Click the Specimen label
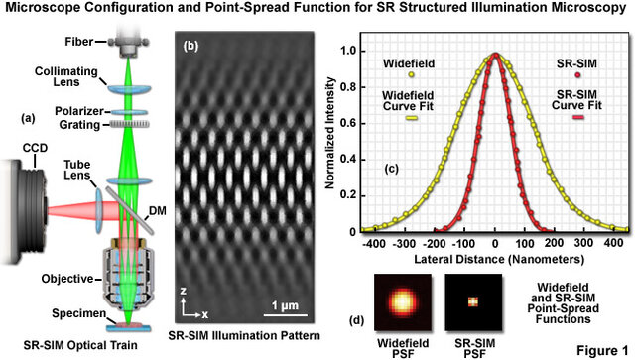click(x=45, y=314)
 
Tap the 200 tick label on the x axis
click(x=555, y=243)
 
